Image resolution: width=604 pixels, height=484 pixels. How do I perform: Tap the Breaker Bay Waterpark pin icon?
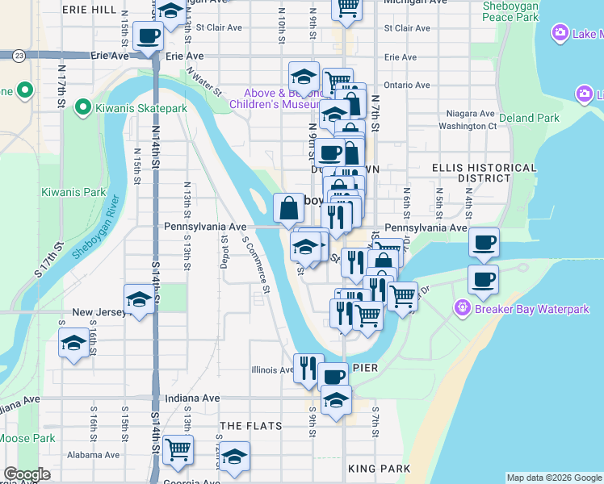click(x=462, y=308)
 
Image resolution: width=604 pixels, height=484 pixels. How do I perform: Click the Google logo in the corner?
click(x=27, y=474)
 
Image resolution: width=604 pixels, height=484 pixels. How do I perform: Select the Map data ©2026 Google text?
click(x=554, y=478)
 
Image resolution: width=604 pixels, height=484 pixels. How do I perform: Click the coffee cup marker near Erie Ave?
click(x=149, y=37)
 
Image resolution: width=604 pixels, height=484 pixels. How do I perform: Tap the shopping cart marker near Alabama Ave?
click(x=178, y=450)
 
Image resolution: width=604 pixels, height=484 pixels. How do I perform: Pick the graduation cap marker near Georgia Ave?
click(x=234, y=458)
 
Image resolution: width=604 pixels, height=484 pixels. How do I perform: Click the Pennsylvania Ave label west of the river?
click(x=205, y=227)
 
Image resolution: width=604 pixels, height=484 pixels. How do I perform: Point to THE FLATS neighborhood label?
click(x=251, y=425)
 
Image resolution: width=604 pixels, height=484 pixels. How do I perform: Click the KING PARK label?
click(x=379, y=468)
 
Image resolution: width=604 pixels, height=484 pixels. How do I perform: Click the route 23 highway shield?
click(x=19, y=56)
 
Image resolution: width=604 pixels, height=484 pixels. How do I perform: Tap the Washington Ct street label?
click(x=467, y=127)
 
